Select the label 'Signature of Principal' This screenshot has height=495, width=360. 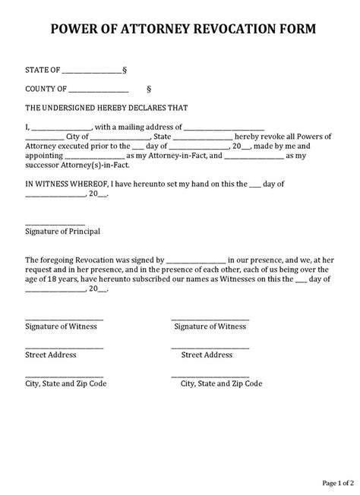tap(62, 231)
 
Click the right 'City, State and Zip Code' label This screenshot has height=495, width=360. tap(221, 383)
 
